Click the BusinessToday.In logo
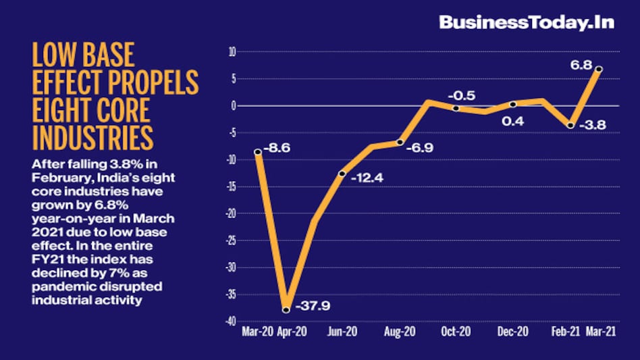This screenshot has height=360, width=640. pos(526,22)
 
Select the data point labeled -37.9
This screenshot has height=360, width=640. pos(286,310)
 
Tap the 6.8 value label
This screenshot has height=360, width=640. pos(582,66)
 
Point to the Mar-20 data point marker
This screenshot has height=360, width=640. pos(257,152)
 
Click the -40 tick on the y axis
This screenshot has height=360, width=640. pos(230,322)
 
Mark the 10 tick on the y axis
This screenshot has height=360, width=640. pos(232,51)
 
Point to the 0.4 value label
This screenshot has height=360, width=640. pos(513,122)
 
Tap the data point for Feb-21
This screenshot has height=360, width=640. pos(570,126)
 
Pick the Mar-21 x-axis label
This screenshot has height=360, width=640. pos(599,332)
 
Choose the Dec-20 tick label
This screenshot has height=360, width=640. pos(512,332)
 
